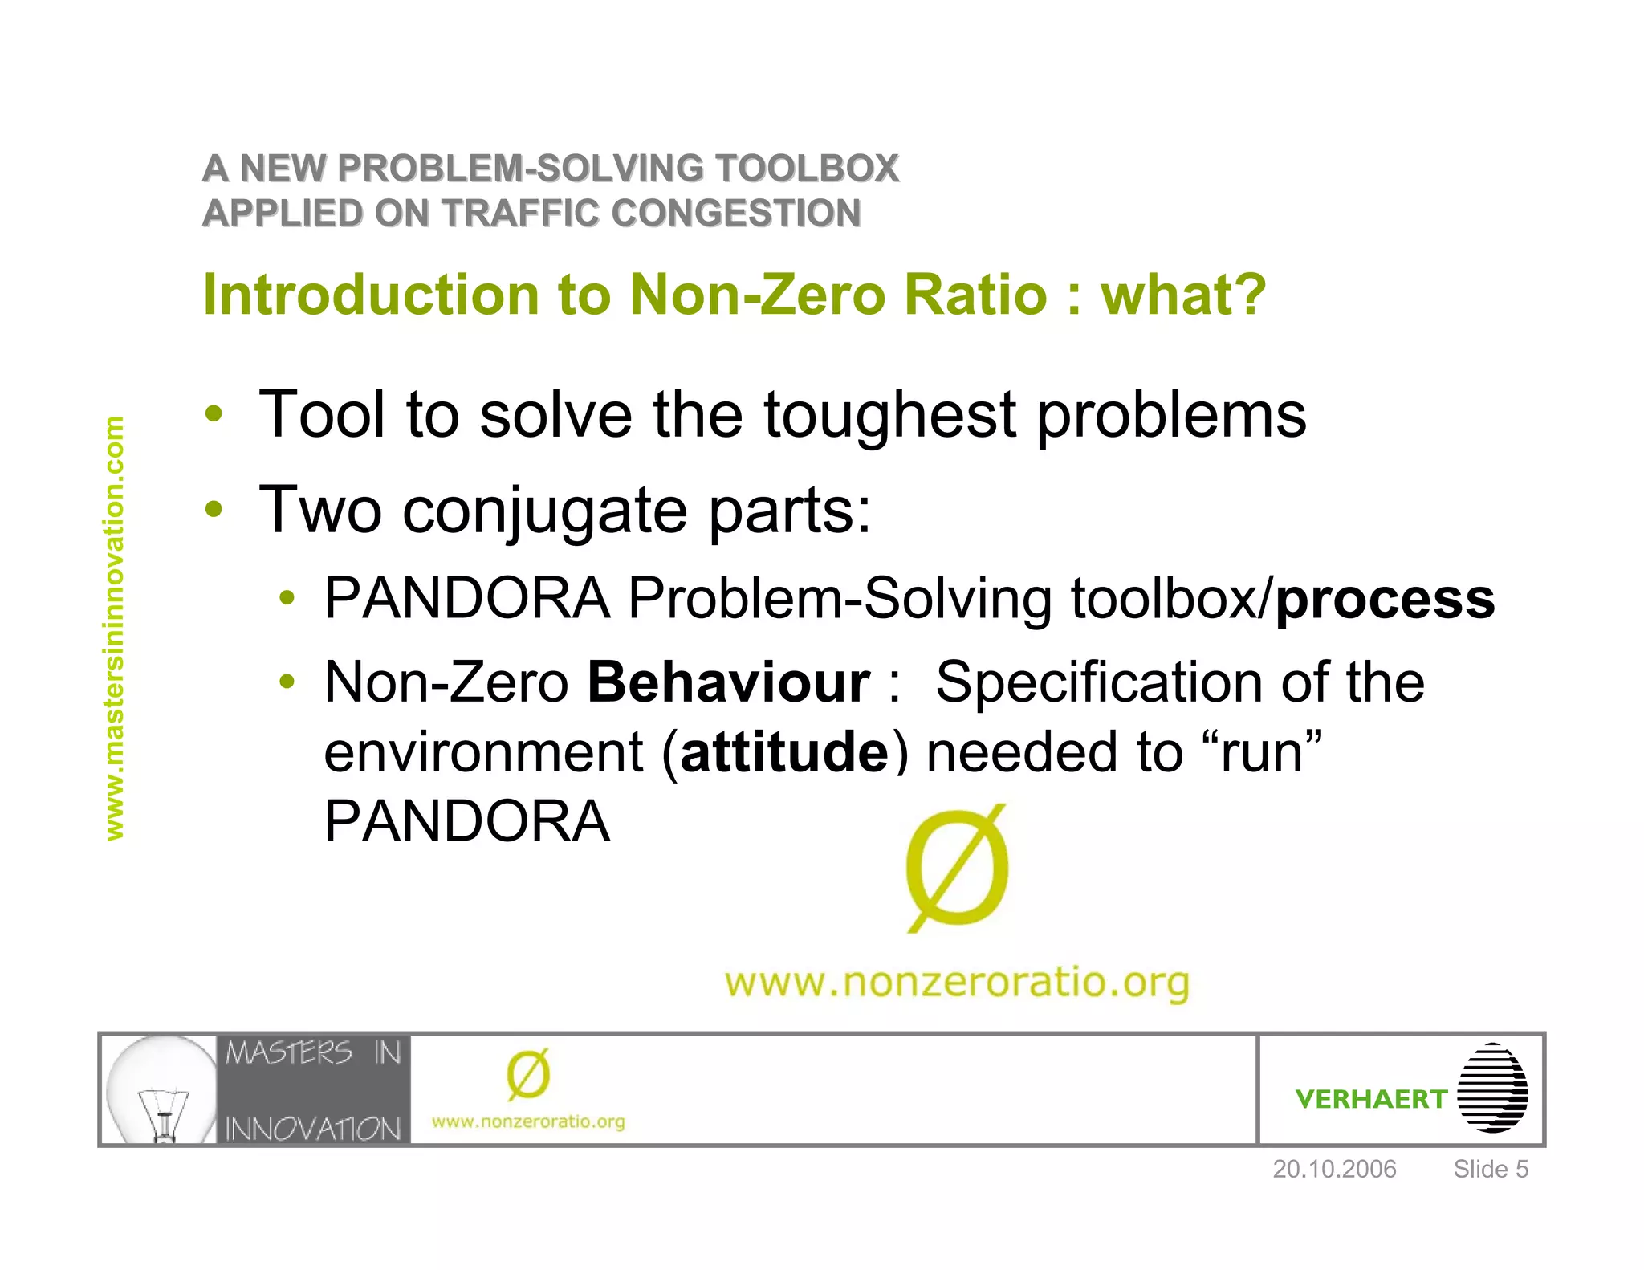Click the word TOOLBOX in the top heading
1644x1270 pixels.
click(807, 169)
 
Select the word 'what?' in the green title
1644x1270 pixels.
click(1183, 295)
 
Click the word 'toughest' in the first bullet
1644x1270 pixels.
click(890, 415)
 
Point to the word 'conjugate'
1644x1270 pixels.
click(544, 511)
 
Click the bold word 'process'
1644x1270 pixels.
click(1385, 599)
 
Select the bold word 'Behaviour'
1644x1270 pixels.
click(728, 682)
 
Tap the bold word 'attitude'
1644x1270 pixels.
click(784, 752)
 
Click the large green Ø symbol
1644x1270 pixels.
click(957, 869)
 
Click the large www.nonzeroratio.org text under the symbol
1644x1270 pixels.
click(956, 982)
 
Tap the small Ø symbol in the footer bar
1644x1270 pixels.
click(528, 1075)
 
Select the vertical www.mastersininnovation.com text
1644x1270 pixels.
click(115, 628)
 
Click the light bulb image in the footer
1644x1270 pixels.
click(161, 1089)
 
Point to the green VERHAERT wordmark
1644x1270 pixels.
click(1370, 1098)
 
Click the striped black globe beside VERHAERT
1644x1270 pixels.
click(1492, 1088)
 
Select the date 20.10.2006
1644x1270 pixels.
click(1334, 1169)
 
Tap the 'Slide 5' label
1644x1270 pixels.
click(1490, 1169)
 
